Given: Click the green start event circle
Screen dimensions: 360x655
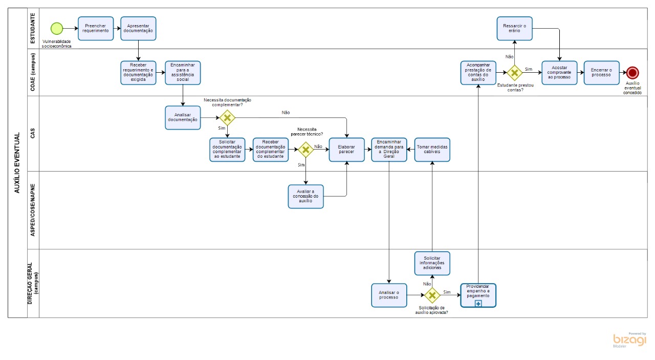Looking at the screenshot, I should (57, 29).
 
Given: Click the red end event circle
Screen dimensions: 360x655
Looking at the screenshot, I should (632, 73).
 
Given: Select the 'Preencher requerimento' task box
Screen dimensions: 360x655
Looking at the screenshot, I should (96, 29).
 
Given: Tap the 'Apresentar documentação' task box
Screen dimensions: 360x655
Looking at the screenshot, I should (138, 29).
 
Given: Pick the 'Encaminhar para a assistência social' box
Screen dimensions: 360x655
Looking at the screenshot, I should (183, 73).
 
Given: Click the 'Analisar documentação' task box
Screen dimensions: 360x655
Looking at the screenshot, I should (183, 118).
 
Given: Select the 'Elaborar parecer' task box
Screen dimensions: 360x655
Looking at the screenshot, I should (346, 150).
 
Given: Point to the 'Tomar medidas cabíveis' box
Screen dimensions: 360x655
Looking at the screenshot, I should (432, 150).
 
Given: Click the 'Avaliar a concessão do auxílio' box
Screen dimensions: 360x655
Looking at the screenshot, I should (305, 197).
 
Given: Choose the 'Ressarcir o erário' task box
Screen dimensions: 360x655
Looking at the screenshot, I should (514, 29).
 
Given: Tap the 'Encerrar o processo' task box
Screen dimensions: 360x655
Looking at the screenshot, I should (601, 73).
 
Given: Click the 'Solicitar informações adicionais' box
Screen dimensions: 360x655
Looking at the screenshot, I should (432, 263).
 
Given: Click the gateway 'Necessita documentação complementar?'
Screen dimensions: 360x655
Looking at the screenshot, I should (227, 118).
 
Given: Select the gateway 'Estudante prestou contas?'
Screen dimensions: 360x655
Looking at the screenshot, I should (514, 73).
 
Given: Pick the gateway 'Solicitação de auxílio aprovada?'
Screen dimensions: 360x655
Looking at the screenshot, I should (432, 295).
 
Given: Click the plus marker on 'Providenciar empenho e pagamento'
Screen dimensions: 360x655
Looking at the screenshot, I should (478, 303).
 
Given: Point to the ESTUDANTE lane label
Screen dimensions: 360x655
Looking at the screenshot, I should (33, 29).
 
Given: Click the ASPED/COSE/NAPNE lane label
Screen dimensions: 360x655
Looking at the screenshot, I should (33, 210).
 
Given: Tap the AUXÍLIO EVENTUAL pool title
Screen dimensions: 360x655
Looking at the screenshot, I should (17, 163).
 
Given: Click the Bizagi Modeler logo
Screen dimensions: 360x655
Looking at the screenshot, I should (629, 340).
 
